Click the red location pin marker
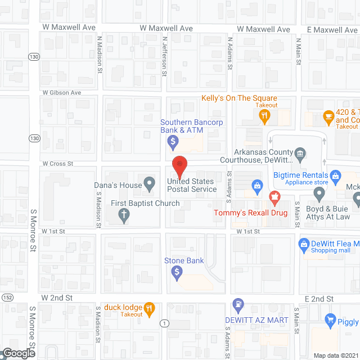[x=179, y=164]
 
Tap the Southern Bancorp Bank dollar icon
[x=174, y=141]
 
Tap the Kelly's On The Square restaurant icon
[x=265, y=116]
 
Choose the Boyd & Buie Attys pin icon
[x=319, y=195]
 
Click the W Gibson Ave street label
[x=62, y=92]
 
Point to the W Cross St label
[x=58, y=164]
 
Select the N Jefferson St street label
[x=165, y=56]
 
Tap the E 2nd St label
[x=319, y=299]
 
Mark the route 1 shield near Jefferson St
[x=164, y=323]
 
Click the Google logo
[x=18, y=353]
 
